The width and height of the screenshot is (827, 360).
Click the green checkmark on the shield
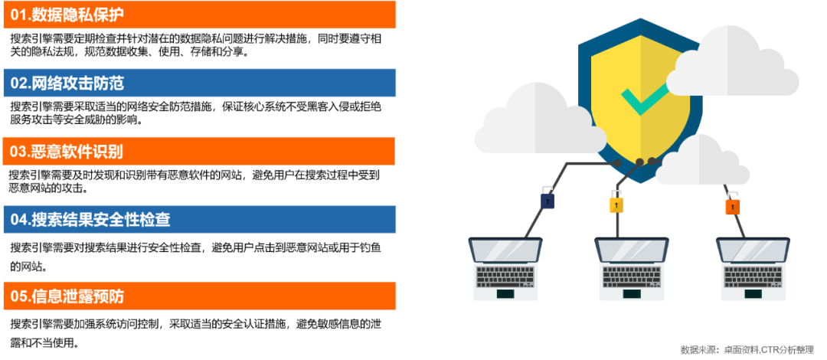(x=644, y=99)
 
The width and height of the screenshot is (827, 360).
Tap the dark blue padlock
(x=548, y=200)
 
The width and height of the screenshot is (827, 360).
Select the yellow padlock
(x=616, y=204)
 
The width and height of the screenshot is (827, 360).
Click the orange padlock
(x=733, y=205)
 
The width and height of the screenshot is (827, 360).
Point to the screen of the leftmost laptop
(x=505, y=250)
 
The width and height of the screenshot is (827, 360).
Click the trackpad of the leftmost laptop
(x=505, y=293)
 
